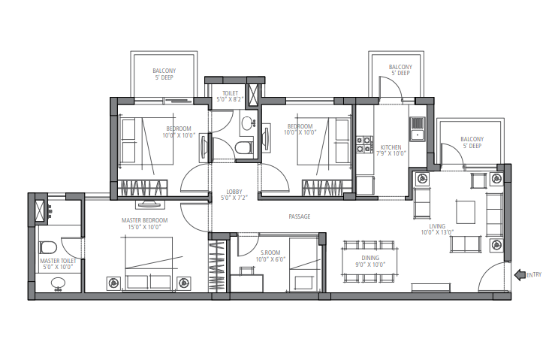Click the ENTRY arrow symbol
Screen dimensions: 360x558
click(x=519, y=275)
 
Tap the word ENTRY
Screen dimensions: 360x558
click(x=534, y=275)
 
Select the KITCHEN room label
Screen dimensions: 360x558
click(x=391, y=147)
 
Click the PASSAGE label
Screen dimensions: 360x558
click(x=300, y=216)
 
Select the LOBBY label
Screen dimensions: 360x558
click(x=234, y=192)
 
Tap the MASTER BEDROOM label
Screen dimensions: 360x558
click(x=144, y=220)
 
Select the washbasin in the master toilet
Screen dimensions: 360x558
click(x=58, y=283)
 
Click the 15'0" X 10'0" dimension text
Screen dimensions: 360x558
click(x=144, y=227)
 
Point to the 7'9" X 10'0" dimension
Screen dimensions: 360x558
click(x=391, y=153)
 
